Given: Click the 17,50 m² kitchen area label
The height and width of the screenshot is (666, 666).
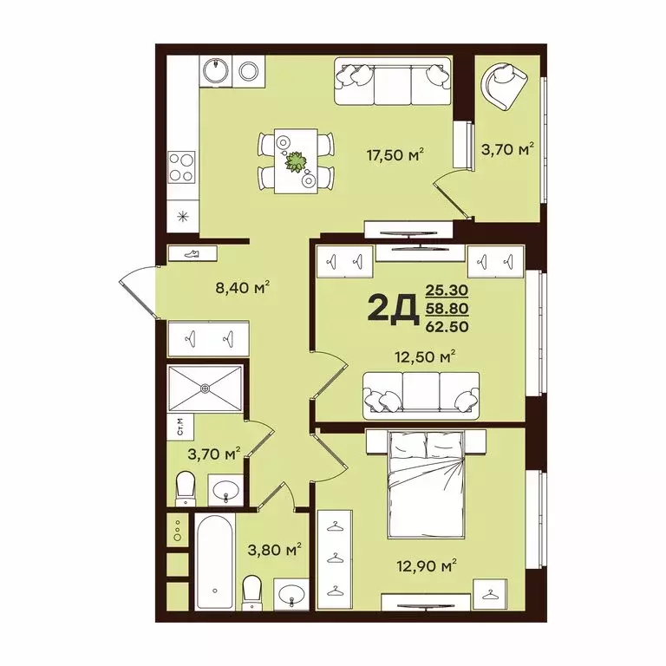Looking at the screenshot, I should point(395,156).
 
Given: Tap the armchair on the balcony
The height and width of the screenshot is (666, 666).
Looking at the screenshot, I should point(504,85).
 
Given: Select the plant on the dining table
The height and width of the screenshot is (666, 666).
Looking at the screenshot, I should point(296,161).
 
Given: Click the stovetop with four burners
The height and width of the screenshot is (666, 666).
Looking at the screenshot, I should point(181,165).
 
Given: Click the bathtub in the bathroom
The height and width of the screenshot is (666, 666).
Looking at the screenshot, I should point(212,561).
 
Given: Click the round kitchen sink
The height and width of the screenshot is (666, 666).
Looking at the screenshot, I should point(212,69).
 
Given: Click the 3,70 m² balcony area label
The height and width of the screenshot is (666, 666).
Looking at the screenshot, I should point(507,151).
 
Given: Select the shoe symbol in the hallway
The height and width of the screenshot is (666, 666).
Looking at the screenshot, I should point(192,252).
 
